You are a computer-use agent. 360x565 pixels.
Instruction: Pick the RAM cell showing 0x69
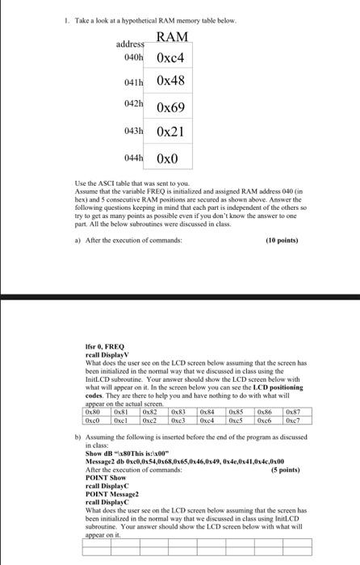(170, 107)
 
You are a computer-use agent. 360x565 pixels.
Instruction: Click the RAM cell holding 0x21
(170, 132)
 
